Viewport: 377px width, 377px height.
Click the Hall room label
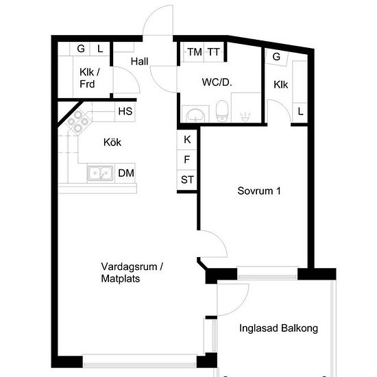[x=139, y=61]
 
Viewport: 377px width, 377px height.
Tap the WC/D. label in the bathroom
[x=217, y=82]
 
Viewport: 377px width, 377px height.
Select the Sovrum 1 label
[x=259, y=191]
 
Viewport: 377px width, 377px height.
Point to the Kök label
[x=112, y=143]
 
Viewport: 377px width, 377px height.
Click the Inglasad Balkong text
[x=279, y=328]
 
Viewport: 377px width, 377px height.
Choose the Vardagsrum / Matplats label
[x=132, y=273]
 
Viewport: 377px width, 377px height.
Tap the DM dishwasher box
[x=125, y=173]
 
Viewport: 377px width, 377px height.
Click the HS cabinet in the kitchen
[x=125, y=112]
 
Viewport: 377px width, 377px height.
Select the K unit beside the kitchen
[x=187, y=140]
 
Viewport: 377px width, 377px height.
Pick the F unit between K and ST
[x=187, y=160]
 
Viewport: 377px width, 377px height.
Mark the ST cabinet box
[x=187, y=180]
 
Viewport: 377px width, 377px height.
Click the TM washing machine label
[x=195, y=52]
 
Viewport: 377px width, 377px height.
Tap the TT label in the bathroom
[x=214, y=52]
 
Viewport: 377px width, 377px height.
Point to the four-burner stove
[x=78, y=121]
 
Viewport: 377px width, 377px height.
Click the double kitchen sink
[x=100, y=173]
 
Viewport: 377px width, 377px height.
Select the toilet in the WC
[x=222, y=111]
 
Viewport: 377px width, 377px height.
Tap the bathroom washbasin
[x=196, y=115]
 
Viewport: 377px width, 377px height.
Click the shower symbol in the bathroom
[x=245, y=117]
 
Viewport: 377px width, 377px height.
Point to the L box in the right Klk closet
[x=300, y=112]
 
